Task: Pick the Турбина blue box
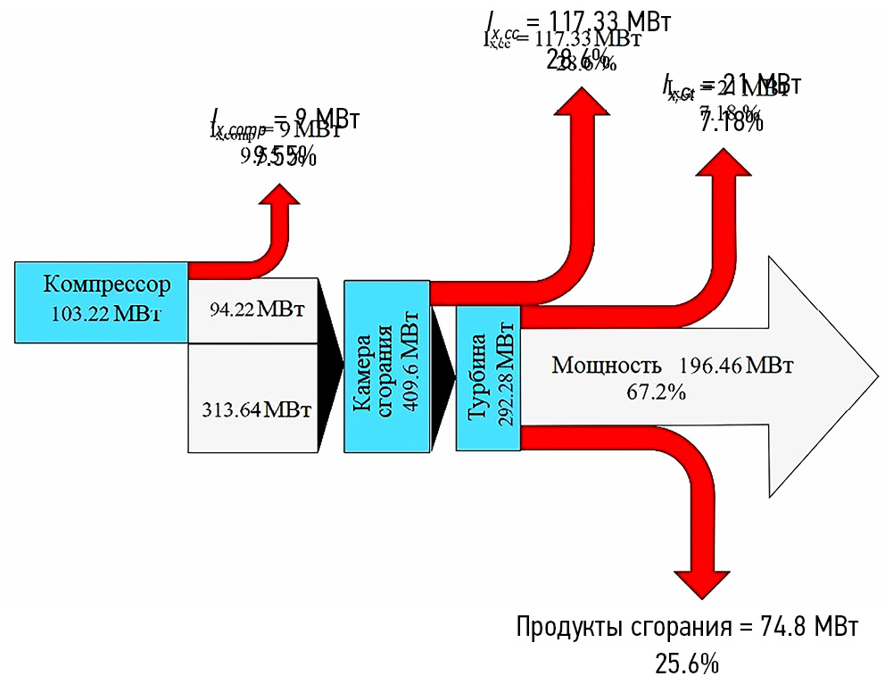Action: [488, 377]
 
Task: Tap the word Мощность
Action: [607, 366]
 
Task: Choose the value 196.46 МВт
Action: [736, 366]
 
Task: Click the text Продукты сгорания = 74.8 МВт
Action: [688, 626]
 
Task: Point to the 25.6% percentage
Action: [688, 663]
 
